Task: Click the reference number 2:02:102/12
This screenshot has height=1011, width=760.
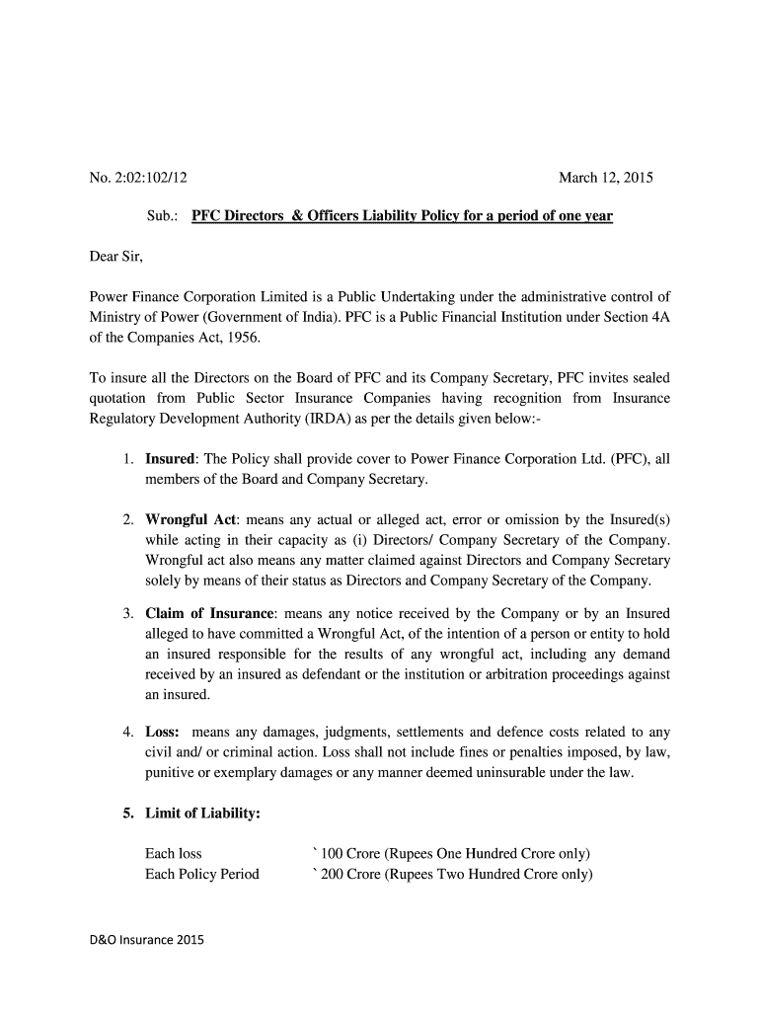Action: click(149, 179)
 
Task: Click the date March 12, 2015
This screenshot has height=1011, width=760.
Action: click(606, 179)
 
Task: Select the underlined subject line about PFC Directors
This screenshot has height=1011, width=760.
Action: click(402, 215)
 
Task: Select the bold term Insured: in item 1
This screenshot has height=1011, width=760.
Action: click(171, 460)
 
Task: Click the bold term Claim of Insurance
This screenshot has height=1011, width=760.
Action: click(210, 613)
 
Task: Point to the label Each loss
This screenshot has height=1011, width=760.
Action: click(174, 853)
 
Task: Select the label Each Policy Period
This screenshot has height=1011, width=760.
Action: click(202, 874)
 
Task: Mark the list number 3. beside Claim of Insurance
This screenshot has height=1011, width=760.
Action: click(129, 613)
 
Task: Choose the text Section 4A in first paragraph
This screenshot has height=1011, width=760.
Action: click(634, 316)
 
